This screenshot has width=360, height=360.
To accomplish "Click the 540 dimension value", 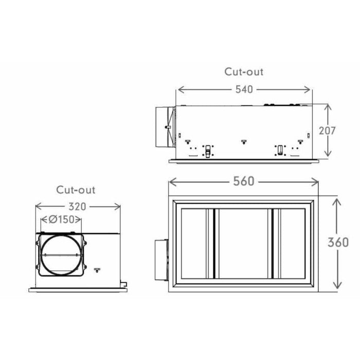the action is [x=244, y=89].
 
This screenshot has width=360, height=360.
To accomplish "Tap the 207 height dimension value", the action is [x=327, y=131].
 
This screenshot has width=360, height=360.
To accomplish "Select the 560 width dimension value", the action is [x=244, y=181].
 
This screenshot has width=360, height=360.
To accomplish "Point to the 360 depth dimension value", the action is [x=338, y=242].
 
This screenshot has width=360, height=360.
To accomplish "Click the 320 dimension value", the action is [x=77, y=207].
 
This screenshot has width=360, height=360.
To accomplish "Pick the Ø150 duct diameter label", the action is [x=62, y=220].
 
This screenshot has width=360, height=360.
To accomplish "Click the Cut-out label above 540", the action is [x=244, y=71].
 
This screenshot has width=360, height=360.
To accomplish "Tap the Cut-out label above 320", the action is [x=76, y=190].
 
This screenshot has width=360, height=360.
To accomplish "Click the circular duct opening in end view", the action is [x=62, y=255].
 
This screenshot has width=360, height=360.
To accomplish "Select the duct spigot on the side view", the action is [x=165, y=127].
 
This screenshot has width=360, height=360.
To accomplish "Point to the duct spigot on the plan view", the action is [x=161, y=260].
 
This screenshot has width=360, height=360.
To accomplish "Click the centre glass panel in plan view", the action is [x=243, y=243].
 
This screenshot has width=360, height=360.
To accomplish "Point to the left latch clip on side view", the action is [x=208, y=151].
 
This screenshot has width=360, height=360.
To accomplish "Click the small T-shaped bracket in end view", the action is [x=97, y=270].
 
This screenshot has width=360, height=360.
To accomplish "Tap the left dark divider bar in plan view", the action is [x=214, y=243].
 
